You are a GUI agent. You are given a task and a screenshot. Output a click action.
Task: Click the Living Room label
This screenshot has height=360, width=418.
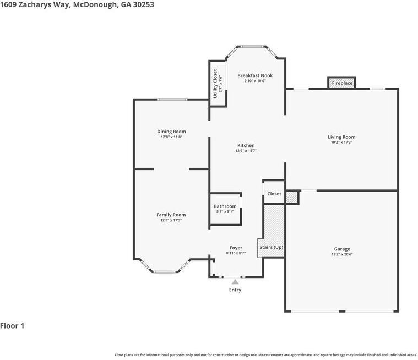click(341, 137)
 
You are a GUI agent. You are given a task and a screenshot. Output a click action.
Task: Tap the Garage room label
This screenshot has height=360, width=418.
click(341, 249)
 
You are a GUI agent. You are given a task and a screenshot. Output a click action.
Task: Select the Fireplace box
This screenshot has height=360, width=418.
click(341, 83)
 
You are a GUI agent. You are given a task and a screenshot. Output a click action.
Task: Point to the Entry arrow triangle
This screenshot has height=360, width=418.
click(235, 282)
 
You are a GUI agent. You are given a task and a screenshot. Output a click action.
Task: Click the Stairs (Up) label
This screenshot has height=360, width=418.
click(271, 247)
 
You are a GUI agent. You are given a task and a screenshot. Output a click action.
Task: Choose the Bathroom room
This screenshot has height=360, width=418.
click(225, 209)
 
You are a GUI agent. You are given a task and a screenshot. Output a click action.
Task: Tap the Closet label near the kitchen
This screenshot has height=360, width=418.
click(274, 194)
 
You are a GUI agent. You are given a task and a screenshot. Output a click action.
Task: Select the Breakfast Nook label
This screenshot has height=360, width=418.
click(255, 75)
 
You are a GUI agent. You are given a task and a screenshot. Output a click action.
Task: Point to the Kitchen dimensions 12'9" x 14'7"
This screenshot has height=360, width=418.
click(246, 151)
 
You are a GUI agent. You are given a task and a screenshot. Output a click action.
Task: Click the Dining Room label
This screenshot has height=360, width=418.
click(171, 132)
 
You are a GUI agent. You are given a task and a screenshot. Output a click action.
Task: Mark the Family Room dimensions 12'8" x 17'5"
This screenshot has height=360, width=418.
click(171, 220)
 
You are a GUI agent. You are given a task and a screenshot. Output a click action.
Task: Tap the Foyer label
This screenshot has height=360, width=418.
click(236, 248)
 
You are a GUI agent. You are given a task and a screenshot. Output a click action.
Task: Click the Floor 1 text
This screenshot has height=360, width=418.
click(12, 326)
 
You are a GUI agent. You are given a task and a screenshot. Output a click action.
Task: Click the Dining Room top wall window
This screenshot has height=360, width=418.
click(172, 100)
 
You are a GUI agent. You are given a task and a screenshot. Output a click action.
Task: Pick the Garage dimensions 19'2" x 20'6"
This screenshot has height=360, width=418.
click(341, 254)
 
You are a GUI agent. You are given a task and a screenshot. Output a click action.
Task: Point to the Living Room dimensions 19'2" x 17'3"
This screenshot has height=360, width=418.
click(341, 143)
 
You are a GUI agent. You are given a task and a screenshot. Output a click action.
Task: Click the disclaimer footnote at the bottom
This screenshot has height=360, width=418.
click(265, 355)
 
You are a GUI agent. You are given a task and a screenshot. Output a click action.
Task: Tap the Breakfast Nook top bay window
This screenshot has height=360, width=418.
click(252, 46)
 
